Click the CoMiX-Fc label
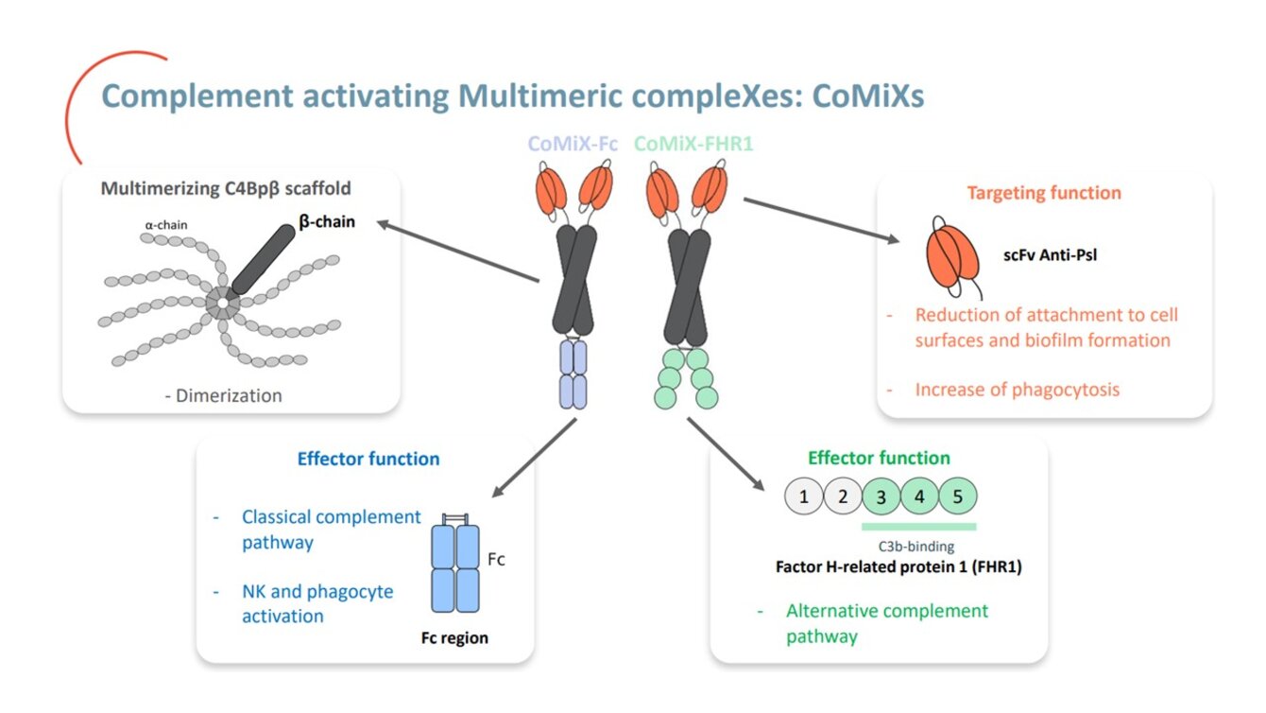(x=573, y=144)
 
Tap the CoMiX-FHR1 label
(x=693, y=144)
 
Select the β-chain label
(x=327, y=221)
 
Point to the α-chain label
(x=166, y=225)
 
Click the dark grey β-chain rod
(x=264, y=260)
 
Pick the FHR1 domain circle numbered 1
(x=804, y=496)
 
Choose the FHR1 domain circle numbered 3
(x=881, y=496)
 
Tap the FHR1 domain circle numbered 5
(x=958, y=496)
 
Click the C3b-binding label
(x=916, y=547)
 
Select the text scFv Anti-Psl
(x=1050, y=255)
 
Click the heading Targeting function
(x=1044, y=193)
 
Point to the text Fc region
(x=454, y=638)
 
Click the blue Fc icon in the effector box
(x=455, y=564)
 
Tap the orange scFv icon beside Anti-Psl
(x=953, y=257)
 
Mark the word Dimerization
(x=229, y=395)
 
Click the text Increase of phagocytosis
(x=1018, y=390)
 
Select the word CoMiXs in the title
(x=868, y=96)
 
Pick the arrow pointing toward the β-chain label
(x=458, y=252)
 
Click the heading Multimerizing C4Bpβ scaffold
(x=226, y=188)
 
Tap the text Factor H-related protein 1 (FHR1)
(x=898, y=567)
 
